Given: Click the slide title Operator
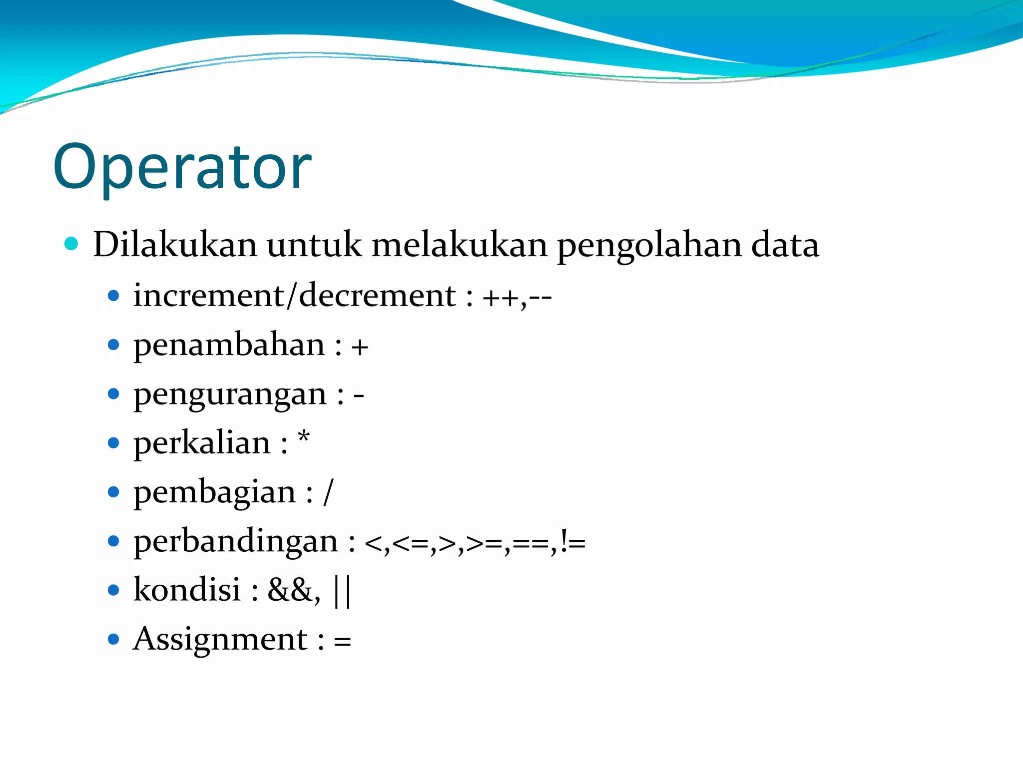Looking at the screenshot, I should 182,167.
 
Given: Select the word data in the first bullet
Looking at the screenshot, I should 785,245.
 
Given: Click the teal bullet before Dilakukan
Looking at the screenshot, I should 72,244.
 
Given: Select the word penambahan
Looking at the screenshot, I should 229,346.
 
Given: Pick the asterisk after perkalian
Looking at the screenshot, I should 304,438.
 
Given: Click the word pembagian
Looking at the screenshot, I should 215,493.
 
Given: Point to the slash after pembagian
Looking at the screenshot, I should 328,492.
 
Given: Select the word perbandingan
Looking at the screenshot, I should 236,541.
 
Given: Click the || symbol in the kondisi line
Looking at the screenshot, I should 342,591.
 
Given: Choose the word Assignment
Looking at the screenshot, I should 220,639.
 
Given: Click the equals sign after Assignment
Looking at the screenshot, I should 342,641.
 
